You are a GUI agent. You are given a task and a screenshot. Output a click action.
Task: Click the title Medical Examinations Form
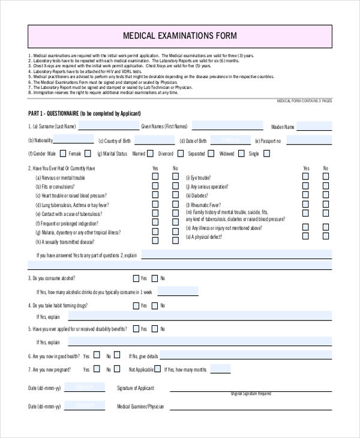(180, 36)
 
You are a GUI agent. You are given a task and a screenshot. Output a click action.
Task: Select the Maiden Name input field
(314, 126)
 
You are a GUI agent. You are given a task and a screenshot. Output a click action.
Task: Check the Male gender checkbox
(62, 154)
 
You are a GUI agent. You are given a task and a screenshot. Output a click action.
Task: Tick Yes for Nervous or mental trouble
(155, 177)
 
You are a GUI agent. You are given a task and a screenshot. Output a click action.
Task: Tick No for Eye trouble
(326, 177)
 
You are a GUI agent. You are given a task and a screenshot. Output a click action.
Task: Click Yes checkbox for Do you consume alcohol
(136, 278)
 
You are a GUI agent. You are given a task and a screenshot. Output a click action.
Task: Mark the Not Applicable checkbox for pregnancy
(157, 370)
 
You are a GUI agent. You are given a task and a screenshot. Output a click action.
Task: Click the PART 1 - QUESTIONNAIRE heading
(84, 113)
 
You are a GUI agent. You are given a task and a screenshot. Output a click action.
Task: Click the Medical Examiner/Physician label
(140, 406)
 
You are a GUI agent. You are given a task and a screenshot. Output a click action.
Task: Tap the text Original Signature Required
(251, 394)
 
